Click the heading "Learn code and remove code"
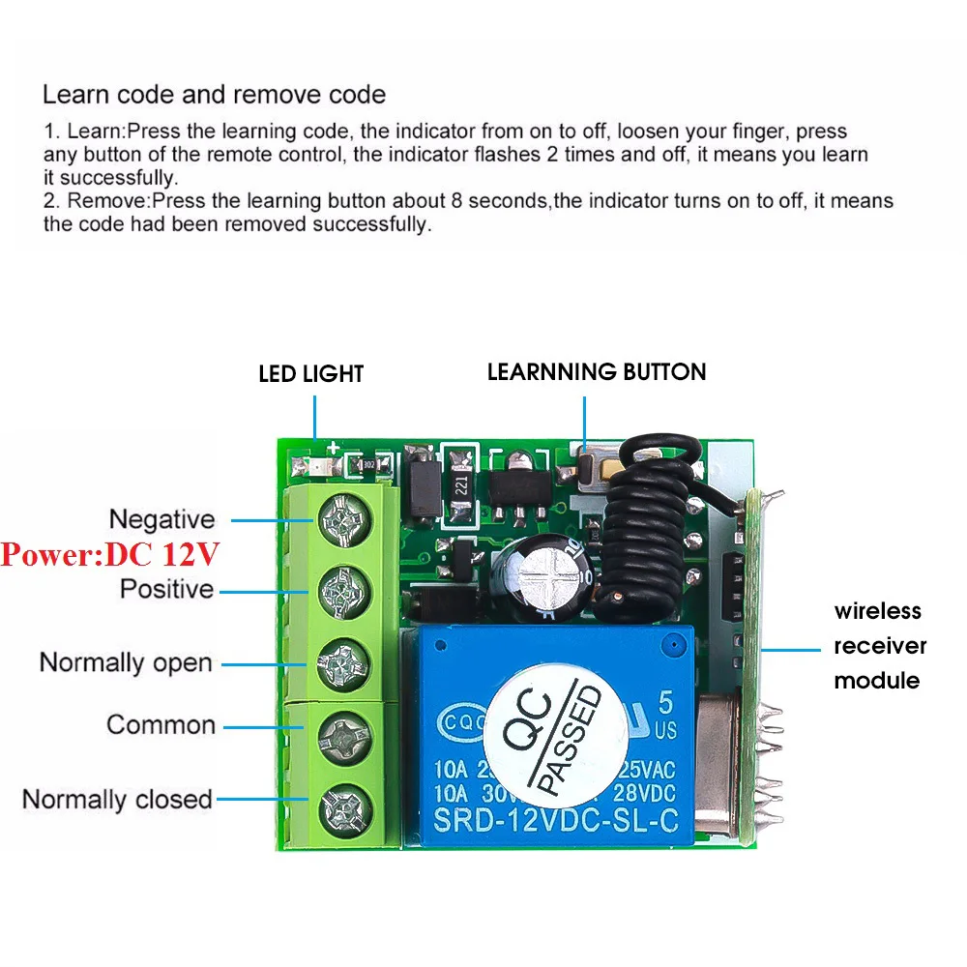click(x=214, y=95)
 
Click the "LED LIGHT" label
click(x=310, y=373)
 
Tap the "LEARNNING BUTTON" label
click(x=597, y=371)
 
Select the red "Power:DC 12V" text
click(x=109, y=554)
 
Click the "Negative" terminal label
click(x=161, y=519)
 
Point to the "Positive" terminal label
click(x=166, y=588)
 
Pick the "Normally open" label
click(x=126, y=663)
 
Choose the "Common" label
click(x=161, y=724)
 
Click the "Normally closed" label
click(x=117, y=800)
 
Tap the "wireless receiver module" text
click(x=880, y=645)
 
